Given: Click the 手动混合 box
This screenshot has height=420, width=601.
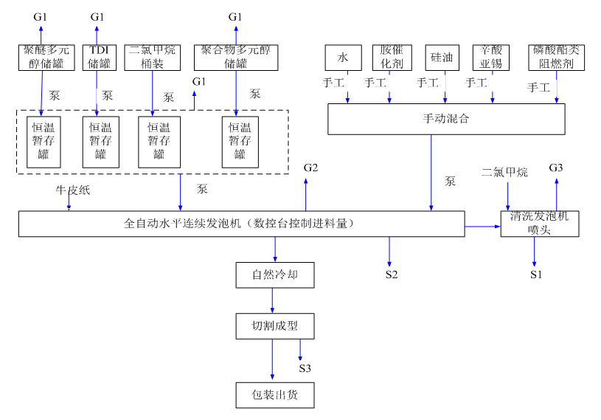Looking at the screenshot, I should [x=446, y=119].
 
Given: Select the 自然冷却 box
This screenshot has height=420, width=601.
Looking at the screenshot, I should [x=273, y=275].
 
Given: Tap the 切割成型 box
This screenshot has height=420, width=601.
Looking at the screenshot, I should [x=273, y=326].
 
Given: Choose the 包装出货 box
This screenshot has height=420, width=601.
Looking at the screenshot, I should [x=273, y=395].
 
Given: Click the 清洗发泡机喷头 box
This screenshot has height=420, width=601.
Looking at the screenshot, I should [x=539, y=224].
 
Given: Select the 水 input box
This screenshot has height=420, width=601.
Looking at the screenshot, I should [x=342, y=58].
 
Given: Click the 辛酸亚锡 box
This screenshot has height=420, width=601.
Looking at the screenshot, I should [x=491, y=58].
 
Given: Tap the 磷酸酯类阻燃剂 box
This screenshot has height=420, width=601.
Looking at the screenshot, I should [x=557, y=58].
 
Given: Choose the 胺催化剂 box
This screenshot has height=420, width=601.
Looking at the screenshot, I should [x=392, y=58].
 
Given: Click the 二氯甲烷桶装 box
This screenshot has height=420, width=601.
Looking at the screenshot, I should [x=153, y=58].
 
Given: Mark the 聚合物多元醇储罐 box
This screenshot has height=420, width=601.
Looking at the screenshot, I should [x=235, y=58].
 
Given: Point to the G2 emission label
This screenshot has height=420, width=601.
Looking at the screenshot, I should [x=310, y=168].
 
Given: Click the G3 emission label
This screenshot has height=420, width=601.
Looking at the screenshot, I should [x=556, y=168].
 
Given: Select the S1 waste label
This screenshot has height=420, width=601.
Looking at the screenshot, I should [x=535, y=275].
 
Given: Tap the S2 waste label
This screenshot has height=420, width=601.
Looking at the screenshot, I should [x=391, y=275].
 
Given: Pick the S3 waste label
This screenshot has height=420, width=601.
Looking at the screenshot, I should [x=305, y=368].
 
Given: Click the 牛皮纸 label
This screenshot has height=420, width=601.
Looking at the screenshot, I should [x=72, y=190].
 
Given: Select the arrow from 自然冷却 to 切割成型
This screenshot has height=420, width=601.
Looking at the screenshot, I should [x=273, y=300].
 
